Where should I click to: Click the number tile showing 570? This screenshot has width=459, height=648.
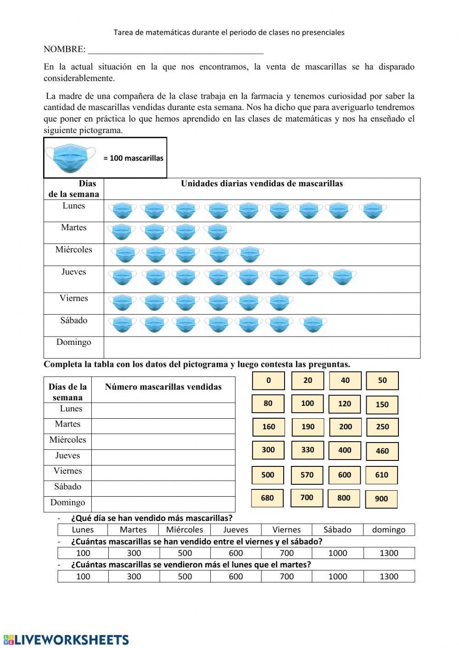[x=307, y=475]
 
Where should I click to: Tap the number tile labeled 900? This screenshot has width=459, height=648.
[x=381, y=499]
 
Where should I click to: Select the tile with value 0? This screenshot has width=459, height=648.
[x=269, y=381]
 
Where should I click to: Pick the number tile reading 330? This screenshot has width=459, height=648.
[x=307, y=450]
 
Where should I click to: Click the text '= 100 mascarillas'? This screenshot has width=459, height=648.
[x=133, y=158]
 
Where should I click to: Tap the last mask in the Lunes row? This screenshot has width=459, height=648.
[x=375, y=210]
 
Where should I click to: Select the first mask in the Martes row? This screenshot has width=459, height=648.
[x=122, y=232]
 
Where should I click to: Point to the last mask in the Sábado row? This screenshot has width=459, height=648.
[x=315, y=324]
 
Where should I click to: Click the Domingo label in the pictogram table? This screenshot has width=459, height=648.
[x=73, y=342]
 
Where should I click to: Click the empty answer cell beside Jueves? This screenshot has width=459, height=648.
[x=163, y=457]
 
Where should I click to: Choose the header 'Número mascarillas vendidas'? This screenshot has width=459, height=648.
[x=163, y=387]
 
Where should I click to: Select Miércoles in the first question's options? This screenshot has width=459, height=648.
[x=185, y=530]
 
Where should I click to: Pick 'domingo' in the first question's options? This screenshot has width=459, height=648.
[x=389, y=530]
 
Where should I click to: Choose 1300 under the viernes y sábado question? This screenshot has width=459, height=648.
[x=389, y=553]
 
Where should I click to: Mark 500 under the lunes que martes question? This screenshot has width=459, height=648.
[x=185, y=576]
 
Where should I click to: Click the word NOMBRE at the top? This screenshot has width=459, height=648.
[x=64, y=49]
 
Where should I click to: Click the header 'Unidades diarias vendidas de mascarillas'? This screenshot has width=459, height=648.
[x=262, y=183]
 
